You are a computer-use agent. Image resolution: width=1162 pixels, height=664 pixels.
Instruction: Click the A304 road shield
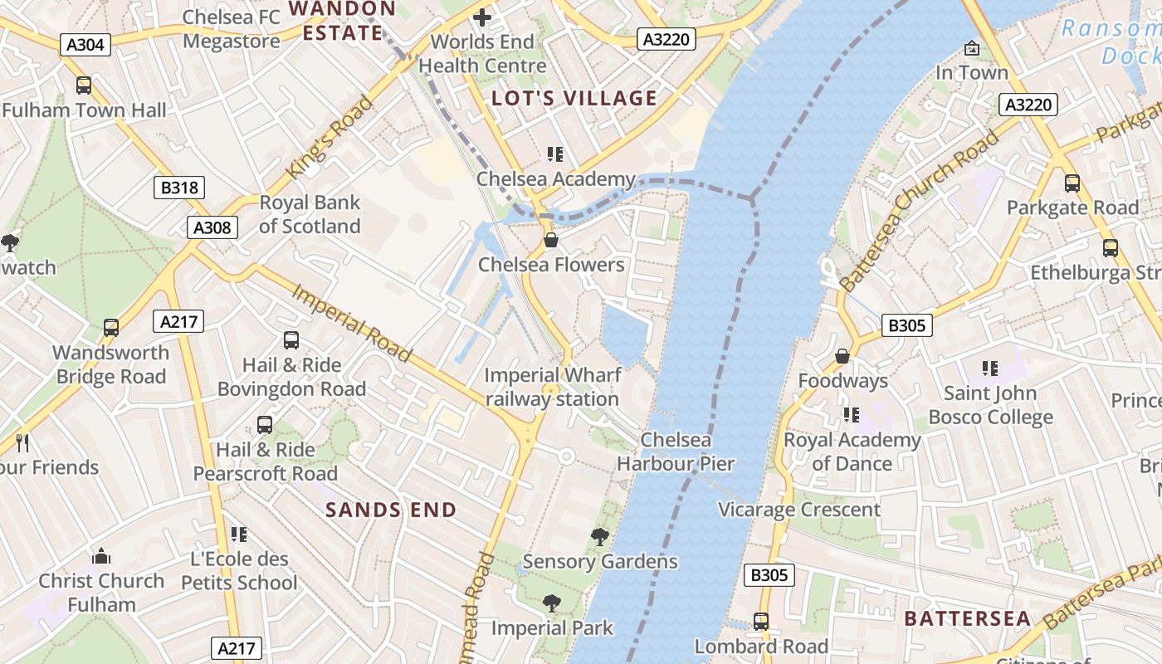[x=85, y=44]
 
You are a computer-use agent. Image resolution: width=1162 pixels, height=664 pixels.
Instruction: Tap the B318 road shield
[x=179, y=188]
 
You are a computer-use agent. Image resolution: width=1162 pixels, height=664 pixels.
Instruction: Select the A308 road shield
[x=212, y=227]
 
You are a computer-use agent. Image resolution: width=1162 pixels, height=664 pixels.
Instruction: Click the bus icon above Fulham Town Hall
[x=84, y=85]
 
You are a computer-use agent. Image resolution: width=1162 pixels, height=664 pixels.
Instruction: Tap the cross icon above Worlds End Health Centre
[x=482, y=17]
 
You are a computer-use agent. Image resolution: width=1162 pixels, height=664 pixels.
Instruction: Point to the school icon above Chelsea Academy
[x=554, y=154]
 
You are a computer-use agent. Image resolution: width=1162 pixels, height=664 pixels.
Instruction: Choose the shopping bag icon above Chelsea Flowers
[x=550, y=241]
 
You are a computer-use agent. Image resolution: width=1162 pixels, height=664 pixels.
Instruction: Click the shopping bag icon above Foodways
[x=842, y=356]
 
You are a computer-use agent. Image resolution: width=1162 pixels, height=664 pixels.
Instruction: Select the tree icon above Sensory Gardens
[x=599, y=537]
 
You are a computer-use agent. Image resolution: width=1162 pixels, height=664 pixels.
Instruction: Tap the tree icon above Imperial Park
[x=551, y=603]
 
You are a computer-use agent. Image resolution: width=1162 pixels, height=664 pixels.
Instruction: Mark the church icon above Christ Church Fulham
[x=101, y=555]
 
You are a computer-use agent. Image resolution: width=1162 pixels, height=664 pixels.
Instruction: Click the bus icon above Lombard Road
[x=760, y=621]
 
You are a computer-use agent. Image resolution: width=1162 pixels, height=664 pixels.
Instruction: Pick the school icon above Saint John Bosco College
[x=989, y=368]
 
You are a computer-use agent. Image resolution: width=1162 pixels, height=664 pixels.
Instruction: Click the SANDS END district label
[x=391, y=510]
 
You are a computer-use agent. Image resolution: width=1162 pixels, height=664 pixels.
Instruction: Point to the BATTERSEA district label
[x=968, y=618]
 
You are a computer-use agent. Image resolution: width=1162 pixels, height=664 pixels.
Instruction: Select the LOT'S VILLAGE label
[x=574, y=99]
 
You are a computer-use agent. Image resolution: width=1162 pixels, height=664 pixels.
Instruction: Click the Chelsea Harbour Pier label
[x=676, y=452]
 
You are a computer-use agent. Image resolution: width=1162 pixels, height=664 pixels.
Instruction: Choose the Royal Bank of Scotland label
[x=310, y=214]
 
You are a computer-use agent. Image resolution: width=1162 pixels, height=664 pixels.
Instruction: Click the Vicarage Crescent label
[x=798, y=510]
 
